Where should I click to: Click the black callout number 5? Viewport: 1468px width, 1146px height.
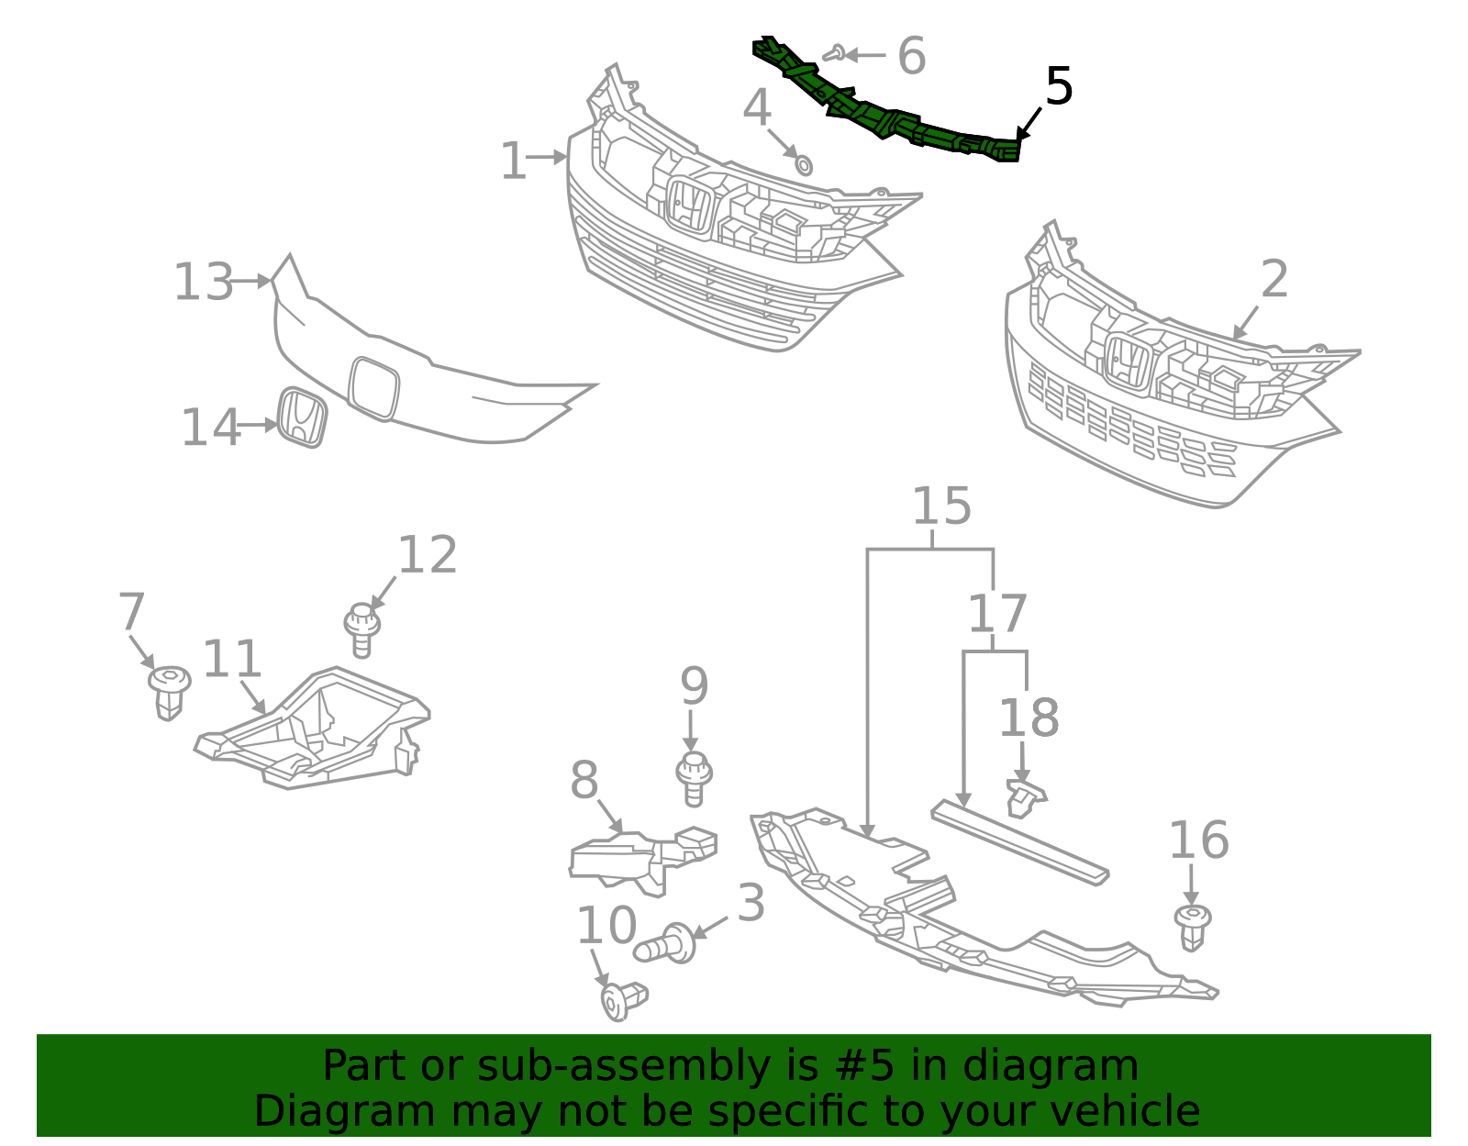click(x=1059, y=87)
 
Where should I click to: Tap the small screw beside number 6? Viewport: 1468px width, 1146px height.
click(x=833, y=54)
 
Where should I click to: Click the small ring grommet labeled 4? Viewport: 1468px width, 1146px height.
click(x=803, y=165)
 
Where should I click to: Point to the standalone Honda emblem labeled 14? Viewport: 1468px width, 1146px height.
click(x=302, y=417)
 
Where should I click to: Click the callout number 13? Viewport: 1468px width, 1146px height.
click(x=204, y=282)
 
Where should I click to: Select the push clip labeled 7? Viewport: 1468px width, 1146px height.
click(x=169, y=690)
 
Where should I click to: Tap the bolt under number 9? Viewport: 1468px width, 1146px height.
click(x=694, y=778)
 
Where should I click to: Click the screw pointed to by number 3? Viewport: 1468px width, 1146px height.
click(x=666, y=945)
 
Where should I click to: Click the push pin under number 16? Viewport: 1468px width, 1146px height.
click(x=1192, y=925)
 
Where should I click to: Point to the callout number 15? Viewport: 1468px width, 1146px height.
click(x=941, y=506)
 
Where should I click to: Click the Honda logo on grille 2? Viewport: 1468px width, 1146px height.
click(x=1127, y=362)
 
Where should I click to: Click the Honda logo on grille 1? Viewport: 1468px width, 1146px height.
click(x=689, y=206)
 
